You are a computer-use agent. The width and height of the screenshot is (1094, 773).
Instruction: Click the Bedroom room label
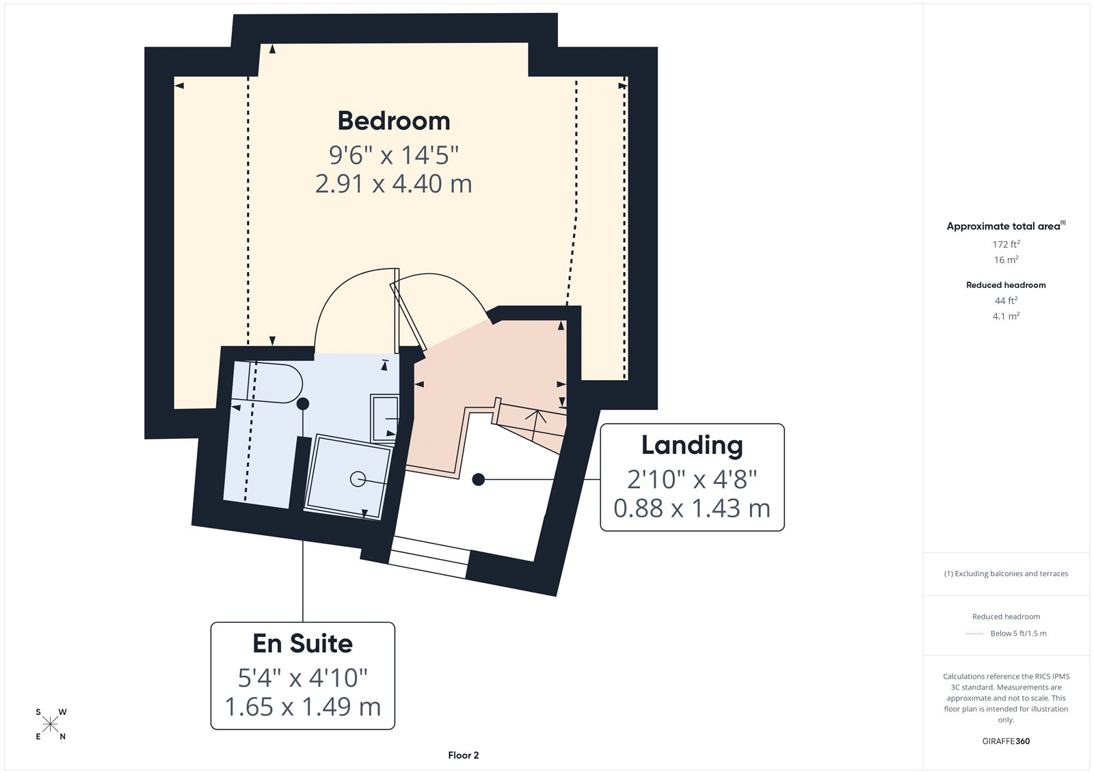pyautogui.click(x=394, y=121)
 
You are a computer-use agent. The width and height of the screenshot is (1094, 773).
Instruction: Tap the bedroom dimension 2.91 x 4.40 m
pyautogui.click(x=394, y=184)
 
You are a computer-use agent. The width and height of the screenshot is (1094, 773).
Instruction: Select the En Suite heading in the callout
pyautogui.click(x=303, y=643)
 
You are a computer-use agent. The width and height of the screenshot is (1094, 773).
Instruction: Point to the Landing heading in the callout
pyautogui.click(x=692, y=445)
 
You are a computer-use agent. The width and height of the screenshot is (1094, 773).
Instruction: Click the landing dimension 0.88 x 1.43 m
pyautogui.click(x=692, y=508)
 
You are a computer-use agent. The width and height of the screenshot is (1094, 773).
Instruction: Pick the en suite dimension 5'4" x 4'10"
pyautogui.click(x=303, y=678)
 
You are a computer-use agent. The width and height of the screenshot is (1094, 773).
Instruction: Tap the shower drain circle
pyautogui.click(x=358, y=479)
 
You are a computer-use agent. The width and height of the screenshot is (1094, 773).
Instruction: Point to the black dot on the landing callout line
pyautogui.click(x=479, y=480)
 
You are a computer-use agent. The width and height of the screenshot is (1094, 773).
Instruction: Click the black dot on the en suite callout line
pyautogui.click(x=303, y=404)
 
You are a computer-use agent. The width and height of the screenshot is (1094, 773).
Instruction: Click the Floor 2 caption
pyautogui.click(x=464, y=755)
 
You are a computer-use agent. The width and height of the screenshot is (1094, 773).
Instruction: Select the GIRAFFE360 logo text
pyautogui.click(x=1006, y=741)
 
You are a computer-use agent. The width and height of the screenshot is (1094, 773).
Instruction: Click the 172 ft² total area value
pyautogui.click(x=1006, y=244)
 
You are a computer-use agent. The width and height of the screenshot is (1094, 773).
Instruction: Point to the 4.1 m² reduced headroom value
pyautogui.click(x=1006, y=316)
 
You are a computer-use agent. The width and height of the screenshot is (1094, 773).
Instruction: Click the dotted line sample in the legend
pyautogui.click(x=974, y=634)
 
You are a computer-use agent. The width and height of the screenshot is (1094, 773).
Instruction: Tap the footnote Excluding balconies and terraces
pyautogui.click(x=1006, y=573)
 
